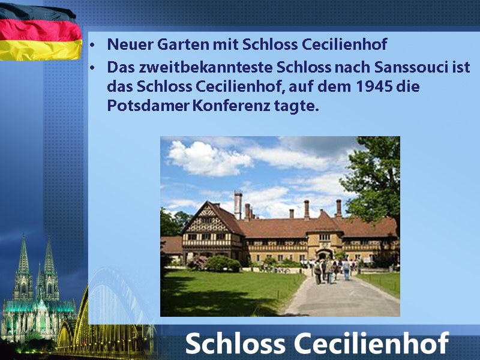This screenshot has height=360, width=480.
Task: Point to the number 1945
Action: [374, 86]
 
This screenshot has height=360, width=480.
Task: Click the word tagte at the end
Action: [296, 106]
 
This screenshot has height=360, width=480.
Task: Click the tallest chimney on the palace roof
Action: [238, 205]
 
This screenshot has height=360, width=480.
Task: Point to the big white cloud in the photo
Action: [208, 158]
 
